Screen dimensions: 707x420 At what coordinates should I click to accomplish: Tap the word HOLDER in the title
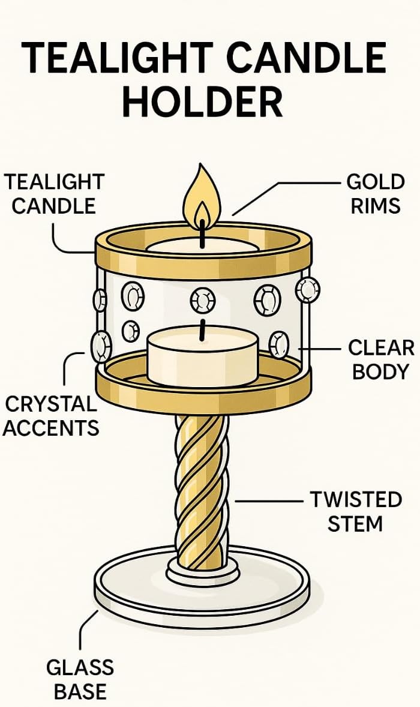click(x=202, y=103)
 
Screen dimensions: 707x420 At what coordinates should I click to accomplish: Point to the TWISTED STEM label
click(x=355, y=511)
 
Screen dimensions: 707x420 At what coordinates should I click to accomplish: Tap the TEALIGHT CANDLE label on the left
click(x=54, y=193)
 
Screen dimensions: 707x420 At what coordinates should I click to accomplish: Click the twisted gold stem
click(x=201, y=492)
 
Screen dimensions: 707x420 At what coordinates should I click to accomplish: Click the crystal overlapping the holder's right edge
click(x=307, y=289)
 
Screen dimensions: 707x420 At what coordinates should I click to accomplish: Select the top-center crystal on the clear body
click(x=203, y=300)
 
